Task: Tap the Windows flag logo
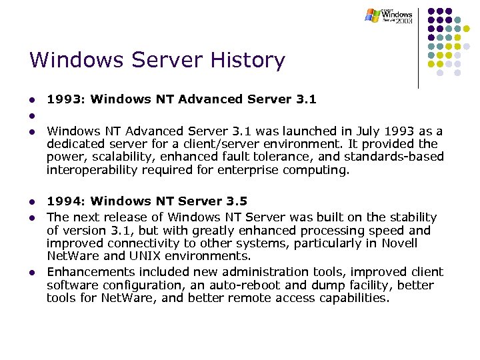pos(372,15)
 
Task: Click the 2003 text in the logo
pos(403,21)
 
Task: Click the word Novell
pos(398,243)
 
